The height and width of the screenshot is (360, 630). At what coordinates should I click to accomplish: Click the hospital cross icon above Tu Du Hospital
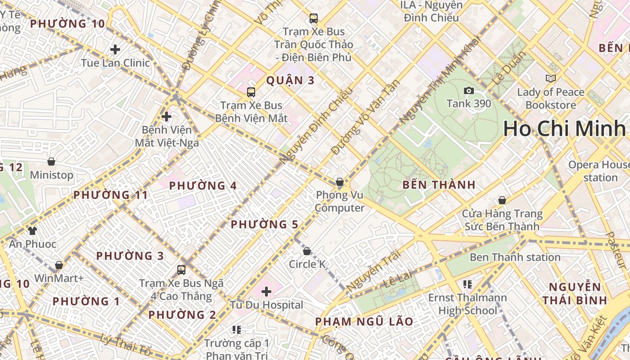[x=266, y=292]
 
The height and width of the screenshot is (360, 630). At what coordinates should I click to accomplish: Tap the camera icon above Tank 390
[x=469, y=90]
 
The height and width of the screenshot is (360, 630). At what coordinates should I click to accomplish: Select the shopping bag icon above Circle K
[x=307, y=251]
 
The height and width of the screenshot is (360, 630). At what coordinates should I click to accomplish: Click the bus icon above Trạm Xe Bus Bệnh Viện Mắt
[x=251, y=92]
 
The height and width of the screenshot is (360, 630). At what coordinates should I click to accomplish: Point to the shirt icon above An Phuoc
[x=32, y=231]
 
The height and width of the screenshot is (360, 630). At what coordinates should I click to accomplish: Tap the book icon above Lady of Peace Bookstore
[x=550, y=79]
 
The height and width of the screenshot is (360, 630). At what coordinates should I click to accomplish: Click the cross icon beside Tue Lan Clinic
[x=115, y=49]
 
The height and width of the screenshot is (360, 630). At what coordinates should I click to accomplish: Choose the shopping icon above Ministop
[x=51, y=162]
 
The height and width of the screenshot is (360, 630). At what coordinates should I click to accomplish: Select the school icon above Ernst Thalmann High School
[x=467, y=284]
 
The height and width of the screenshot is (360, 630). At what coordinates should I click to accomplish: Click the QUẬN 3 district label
[x=290, y=81]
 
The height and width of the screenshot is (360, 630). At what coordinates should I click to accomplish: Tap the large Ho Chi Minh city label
[x=565, y=129]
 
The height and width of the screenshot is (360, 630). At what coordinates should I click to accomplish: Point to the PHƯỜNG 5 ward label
[x=265, y=224]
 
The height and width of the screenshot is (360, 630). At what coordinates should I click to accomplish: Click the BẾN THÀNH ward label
[x=439, y=184]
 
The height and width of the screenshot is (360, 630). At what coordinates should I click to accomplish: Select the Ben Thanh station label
[x=515, y=257]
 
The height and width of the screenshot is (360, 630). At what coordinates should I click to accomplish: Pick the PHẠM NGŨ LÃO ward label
[x=364, y=321]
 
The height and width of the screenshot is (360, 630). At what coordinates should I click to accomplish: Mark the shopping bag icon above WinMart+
[x=59, y=265]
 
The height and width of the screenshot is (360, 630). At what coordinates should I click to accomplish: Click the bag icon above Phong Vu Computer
[x=340, y=182]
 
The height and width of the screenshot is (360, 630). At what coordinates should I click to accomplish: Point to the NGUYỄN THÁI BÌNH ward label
[x=575, y=293]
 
